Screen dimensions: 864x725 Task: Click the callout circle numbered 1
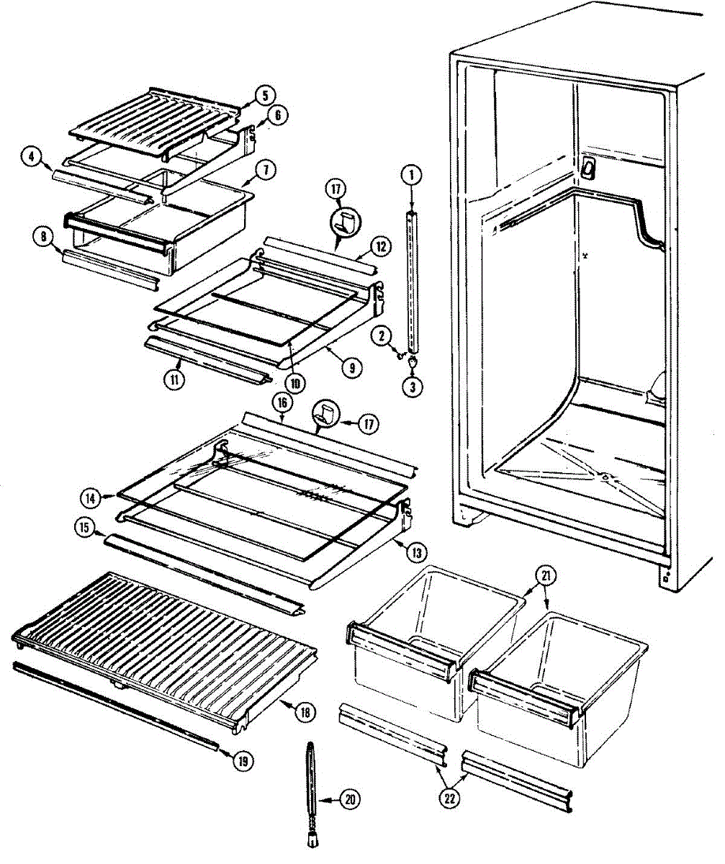pos(411,174)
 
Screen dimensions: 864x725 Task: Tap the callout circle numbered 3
pos(412,387)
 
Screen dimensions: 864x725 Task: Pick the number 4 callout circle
pos(30,156)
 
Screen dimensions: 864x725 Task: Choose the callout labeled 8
pos(42,236)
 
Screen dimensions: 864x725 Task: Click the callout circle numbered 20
pos(351,799)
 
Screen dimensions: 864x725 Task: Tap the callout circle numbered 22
pos(453,797)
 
